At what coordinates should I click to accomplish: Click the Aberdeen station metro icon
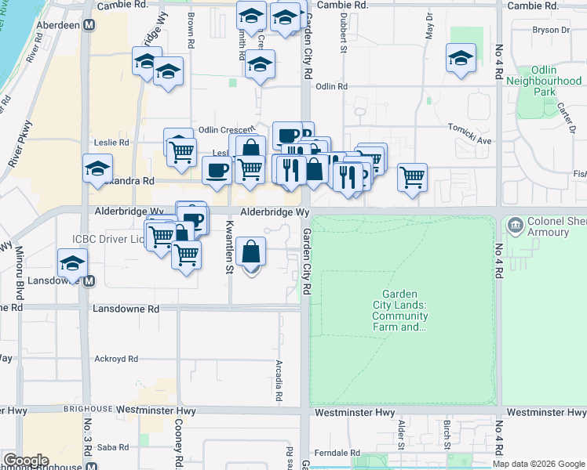coord(91,25)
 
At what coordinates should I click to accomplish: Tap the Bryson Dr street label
coord(550,31)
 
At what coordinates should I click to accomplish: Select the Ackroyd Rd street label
coord(116,359)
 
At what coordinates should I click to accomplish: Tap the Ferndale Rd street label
coord(336,454)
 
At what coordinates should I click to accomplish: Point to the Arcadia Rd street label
coord(279,381)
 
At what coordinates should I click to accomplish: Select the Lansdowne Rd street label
coord(126,309)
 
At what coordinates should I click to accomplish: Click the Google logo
coord(26,461)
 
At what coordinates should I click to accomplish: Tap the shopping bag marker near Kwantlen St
coord(251,253)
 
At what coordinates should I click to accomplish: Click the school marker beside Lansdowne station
coord(72,263)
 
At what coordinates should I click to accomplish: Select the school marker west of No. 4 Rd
coord(461,58)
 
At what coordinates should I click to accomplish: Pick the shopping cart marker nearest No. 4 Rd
coord(412,177)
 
